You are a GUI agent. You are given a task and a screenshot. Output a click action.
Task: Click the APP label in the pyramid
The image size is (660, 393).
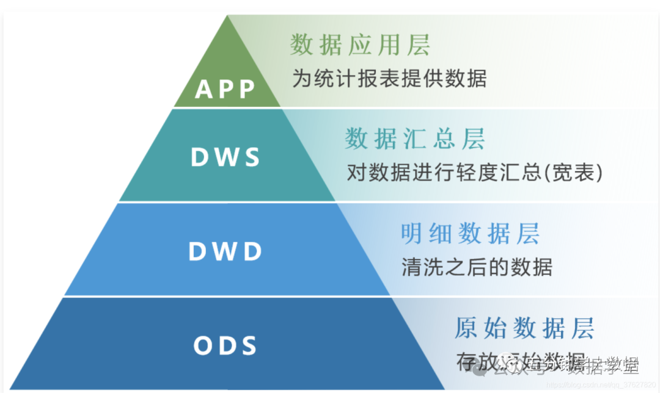click(225, 90)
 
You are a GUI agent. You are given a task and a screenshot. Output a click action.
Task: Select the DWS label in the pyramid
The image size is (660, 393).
click(226, 157)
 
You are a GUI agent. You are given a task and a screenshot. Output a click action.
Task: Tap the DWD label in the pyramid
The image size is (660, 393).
click(226, 252)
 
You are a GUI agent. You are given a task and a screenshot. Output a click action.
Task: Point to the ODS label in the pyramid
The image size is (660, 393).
click(226, 346)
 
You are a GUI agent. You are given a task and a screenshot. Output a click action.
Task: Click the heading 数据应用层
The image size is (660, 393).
click(360, 46)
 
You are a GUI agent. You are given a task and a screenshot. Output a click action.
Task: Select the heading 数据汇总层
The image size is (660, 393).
click(415, 139)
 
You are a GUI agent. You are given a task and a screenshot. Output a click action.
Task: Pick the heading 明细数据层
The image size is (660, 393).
click(470, 233)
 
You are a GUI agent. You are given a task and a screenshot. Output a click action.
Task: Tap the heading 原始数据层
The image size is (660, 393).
click(524, 328)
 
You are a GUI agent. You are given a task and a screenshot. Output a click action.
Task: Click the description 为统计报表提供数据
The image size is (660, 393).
click(389, 79)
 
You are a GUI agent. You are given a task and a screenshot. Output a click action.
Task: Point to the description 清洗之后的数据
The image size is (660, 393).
click(477, 267)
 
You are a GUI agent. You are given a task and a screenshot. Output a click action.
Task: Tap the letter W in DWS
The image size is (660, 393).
click(226, 157)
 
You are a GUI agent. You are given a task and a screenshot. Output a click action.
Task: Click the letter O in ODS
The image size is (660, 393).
click(203, 346)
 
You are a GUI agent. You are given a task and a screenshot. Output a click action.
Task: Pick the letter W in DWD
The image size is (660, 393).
click(225, 252)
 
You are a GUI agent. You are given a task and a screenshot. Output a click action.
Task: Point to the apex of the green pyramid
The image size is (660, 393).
click(227, 16)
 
